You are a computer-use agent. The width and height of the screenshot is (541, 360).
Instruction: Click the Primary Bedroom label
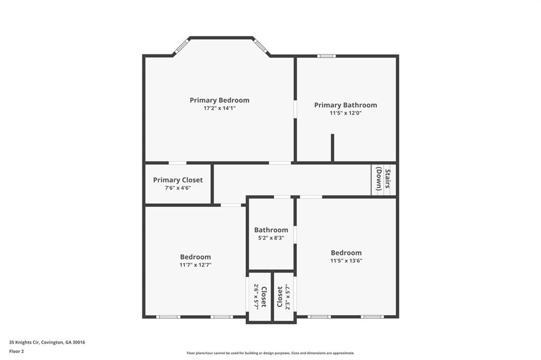point(219,100)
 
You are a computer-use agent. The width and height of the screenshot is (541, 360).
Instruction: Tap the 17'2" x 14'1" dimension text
point(219,108)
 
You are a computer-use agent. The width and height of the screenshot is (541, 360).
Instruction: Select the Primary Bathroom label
point(346,105)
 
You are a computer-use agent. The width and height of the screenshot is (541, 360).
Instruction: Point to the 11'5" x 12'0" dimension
point(346,113)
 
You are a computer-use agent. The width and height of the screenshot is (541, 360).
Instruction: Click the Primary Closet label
point(178,180)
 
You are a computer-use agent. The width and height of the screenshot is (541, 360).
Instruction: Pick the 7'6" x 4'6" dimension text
point(178,188)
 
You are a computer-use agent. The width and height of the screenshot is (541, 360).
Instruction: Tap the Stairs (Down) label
point(384,179)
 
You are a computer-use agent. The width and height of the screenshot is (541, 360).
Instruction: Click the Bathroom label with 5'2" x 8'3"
point(271,230)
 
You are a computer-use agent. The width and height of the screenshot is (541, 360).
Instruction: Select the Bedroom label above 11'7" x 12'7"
point(195,257)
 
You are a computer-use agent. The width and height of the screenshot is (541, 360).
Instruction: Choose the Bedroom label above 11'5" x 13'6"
point(346,252)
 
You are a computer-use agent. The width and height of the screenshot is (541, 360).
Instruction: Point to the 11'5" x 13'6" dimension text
point(346,260)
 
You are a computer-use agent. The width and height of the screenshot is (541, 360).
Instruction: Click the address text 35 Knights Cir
point(47,342)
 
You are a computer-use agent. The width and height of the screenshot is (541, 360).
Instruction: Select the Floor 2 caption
point(16,350)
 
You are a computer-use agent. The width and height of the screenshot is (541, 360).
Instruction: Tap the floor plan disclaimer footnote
point(270,353)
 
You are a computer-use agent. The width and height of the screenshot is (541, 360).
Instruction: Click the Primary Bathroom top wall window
point(326,56)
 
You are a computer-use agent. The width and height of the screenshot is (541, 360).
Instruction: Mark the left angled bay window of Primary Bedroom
point(181,46)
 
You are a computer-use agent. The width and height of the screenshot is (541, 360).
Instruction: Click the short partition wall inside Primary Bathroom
point(332,148)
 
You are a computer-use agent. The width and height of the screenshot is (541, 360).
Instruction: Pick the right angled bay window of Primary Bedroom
point(260,46)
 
